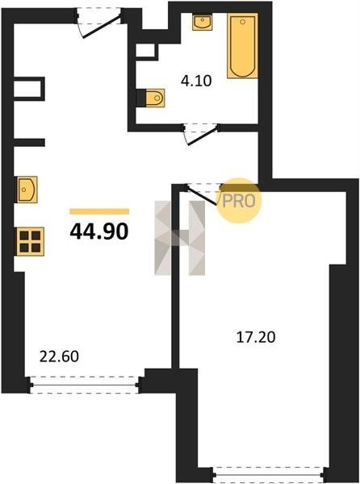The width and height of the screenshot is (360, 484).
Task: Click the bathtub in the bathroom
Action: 243,46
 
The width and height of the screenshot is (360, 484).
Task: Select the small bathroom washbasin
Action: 203,22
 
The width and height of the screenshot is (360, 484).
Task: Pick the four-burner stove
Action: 30,241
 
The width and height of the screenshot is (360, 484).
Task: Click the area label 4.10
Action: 196,81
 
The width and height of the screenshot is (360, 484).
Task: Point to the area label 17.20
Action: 256,337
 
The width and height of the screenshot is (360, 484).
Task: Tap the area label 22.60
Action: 59,357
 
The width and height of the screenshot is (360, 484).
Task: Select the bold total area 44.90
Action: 99,232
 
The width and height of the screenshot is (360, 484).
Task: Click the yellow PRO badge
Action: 239,201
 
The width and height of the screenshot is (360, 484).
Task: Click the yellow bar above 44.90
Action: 99,211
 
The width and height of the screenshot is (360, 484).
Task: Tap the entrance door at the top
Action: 98,23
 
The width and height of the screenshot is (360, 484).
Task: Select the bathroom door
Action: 201,133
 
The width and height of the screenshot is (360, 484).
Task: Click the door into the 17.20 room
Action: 203,194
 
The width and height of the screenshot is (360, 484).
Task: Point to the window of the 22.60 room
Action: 85,385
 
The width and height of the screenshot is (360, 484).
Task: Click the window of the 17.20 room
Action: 268,475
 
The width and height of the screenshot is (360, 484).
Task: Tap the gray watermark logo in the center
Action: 180,238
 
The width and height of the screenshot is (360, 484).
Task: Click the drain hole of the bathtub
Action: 243,22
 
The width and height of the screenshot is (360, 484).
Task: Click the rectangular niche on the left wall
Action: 28,89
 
